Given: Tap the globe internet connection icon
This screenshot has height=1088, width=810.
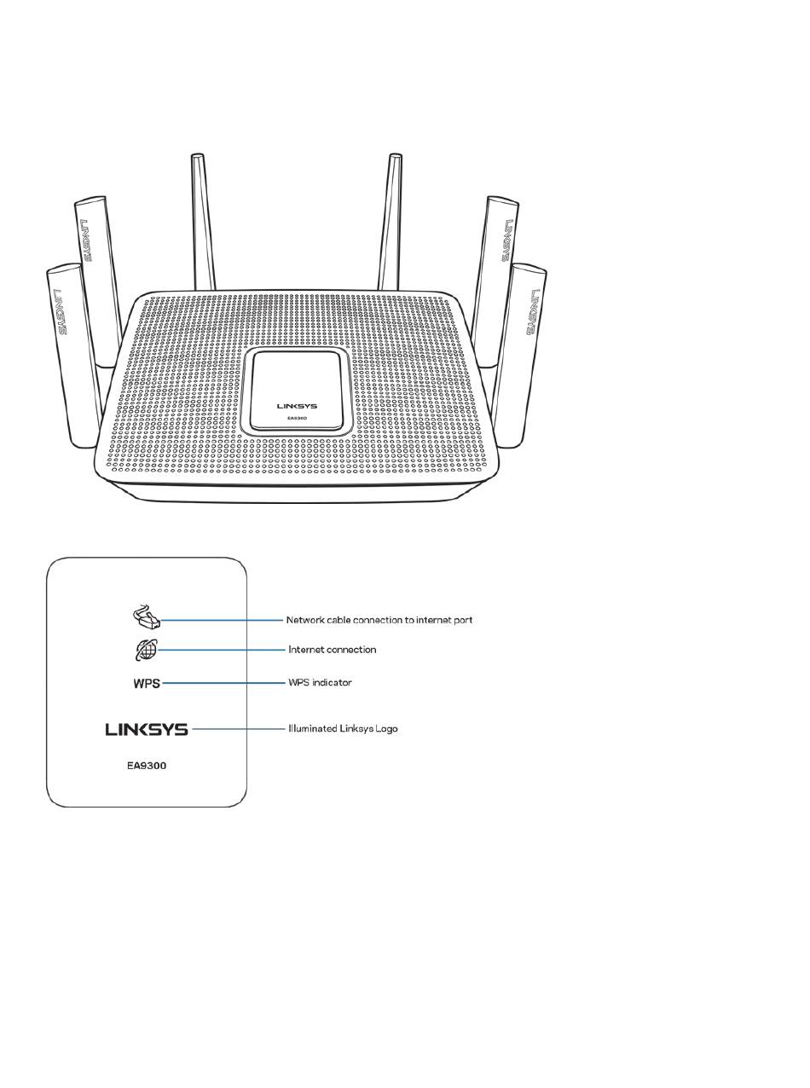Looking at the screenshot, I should [x=146, y=651].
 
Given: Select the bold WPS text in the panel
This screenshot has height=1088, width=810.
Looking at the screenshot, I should [x=147, y=684].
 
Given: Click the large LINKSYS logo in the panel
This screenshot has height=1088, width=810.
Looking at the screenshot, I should [x=147, y=730].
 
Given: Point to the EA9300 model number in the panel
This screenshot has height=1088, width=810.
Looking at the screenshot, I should [x=147, y=766].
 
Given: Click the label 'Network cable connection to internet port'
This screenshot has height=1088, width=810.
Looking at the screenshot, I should [x=379, y=620].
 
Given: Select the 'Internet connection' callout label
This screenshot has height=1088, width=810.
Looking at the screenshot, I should [x=332, y=650].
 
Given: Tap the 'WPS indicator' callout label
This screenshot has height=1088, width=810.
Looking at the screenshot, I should [x=320, y=683].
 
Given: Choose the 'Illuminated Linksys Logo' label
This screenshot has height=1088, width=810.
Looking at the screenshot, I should [x=343, y=729].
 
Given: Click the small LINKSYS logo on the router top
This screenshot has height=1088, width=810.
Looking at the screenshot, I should [x=297, y=407].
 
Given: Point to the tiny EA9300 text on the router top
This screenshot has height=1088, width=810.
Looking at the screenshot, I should [x=297, y=419].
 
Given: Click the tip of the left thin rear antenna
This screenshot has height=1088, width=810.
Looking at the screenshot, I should [x=197, y=157].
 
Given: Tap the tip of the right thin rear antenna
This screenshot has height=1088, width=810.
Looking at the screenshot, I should [x=395, y=157].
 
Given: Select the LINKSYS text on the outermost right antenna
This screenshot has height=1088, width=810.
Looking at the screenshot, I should [x=533, y=311].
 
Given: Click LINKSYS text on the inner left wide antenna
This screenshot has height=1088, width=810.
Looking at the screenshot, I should [x=88, y=240].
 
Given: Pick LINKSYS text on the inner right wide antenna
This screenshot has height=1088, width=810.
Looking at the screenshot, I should [x=506, y=240].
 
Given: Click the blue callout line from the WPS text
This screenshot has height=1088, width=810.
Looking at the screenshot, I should [x=224, y=683].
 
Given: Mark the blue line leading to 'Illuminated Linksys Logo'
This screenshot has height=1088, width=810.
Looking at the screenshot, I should [x=239, y=729].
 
